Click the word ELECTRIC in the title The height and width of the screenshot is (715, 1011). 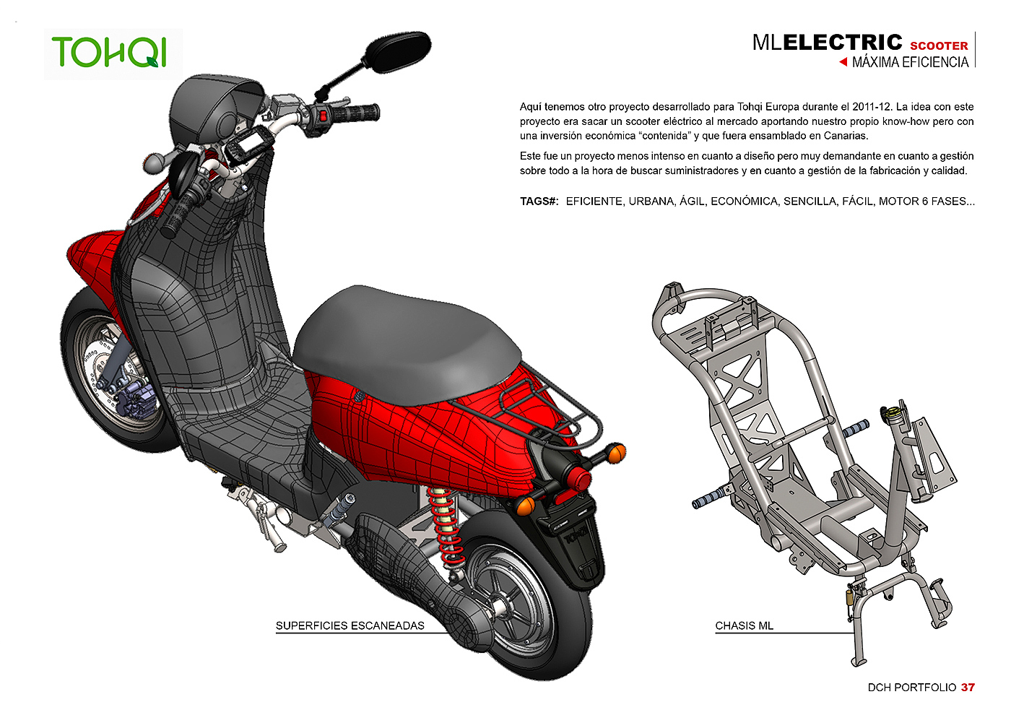pyautogui.click(x=843, y=43)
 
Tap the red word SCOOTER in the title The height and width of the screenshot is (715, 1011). pyautogui.click(x=939, y=45)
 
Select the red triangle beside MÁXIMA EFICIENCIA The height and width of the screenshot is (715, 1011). pyautogui.click(x=843, y=62)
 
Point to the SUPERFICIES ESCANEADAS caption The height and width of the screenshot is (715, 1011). pyautogui.click(x=350, y=626)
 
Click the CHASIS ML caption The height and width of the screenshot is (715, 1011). pyautogui.click(x=744, y=626)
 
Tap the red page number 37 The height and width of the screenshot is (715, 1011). pyautogui.click(x=968, y=688)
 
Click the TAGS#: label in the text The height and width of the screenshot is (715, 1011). pyautogui.click(x=539, y=201)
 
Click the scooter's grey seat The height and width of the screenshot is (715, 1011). pyautogui.click(x=404, y=332)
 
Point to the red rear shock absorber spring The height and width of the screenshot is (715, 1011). pyautogui.click(x=444, y=524)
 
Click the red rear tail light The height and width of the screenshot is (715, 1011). pyautogui.click(x=578, y=475)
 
